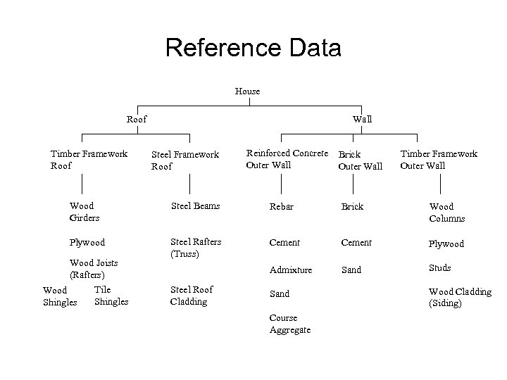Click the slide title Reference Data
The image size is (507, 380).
coord(253,48)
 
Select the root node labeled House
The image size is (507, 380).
coord(247,91)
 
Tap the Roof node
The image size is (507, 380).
coord(137,120)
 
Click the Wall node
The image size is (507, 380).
coord(362,119)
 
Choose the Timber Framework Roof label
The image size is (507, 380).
coord(89,160)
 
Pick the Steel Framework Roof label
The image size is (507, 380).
coord(185,160)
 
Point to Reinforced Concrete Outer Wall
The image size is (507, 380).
coord(287,159)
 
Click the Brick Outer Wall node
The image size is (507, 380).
coord(360,160)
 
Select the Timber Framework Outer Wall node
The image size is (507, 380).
coord(439,160)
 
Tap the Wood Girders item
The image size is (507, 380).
coord(84,212)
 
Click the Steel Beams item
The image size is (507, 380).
coord(196,206)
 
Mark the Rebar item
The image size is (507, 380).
coord(282,207)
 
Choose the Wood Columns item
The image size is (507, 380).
coord(446,213)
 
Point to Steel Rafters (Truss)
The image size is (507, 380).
coord(196,247)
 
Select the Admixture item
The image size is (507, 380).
coord(290,269)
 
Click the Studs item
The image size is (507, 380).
coord(439,267)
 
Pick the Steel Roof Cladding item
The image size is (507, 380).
coord(191,296)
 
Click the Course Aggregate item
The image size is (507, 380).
coord(289,324)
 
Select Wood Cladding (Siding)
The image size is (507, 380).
coord(460,298)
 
